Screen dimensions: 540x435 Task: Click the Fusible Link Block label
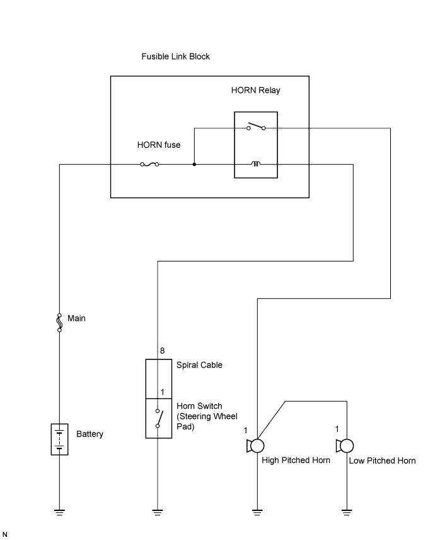pyautogui.click(x=175, y=57)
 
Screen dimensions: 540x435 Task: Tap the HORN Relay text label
pyautogui.click(x=255, y=90)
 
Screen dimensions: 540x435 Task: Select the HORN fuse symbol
pyautogui.click(x=149, y=165)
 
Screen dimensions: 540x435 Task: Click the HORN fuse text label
pyautogui.click(x=159, y=145)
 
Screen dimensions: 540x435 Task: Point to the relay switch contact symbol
pyautogui.click(x=255, y=127)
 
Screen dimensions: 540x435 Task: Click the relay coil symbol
pyautogui.click(x=256, y=165)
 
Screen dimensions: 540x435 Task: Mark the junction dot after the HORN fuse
pyautogui.click(x=194, y=165)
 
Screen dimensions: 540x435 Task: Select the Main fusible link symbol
pyautogui.click(x=59, y=322)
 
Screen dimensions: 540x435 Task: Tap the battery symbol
pyautogui.click(x=59, y=439)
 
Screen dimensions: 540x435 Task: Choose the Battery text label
pyautogui.click(x=90, y=435)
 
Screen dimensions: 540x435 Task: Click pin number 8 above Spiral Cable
pyautogui.click(x=162, y=351)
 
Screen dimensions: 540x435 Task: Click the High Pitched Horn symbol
pyautogui.click(x=255, y=446)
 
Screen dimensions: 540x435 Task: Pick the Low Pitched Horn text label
pyautogui.click(x=382, y=461)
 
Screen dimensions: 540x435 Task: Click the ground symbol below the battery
pyautogui.click(x=59, y=512)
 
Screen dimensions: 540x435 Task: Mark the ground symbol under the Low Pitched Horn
pyautogui.click(x=347, y=512)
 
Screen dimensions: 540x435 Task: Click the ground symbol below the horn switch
pyautogui.click(x=158, y=512)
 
